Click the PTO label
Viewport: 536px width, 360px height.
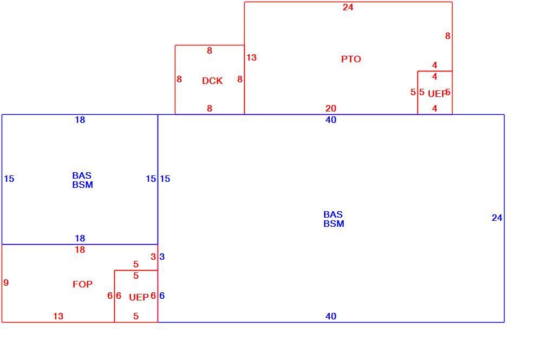pyautogui.click(x=351, y=59)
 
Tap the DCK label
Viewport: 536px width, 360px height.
pyautogui.click(x=212, y=81)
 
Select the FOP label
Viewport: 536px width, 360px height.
pyautogui.click(x=82, y=284)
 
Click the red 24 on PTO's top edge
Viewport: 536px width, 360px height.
pyautogui.click(x=348, y=7)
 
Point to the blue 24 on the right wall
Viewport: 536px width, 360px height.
pyautogui.click(x=496, y=218)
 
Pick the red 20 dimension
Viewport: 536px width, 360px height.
pyautogui.click(x=331, y=108)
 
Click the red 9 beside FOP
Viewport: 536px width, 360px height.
pyautogui.click(x=6, y=283)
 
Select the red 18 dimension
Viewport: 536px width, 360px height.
pyautogui.click(x=80, y=250)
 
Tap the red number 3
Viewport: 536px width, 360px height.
pyautogui.click(x=153, y=257)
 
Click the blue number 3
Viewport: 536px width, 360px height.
pyautogui.click(x=162, y=257)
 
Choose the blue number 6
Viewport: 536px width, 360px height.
pyautogui.click(x=162, y=296)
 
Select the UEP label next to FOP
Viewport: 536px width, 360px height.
pyautogui.click(x=139, y=297)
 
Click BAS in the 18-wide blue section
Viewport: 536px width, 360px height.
pyautogui.click(x=82, y=176)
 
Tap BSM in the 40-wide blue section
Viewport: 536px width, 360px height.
pyautogui.click(x=334, y=224)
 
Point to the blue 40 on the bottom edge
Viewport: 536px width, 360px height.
pyautogui.click(x=331, y=316)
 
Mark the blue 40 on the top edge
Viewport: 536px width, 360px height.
pyautogui.click(x=331, y=120)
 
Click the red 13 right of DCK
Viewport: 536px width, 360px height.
pyautogui.click(x=251, y=58)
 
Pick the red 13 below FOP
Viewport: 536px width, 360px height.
pyautogui.click(x=58, y=316)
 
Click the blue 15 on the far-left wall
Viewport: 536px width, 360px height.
pyautogui.click(x=9, y=179)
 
